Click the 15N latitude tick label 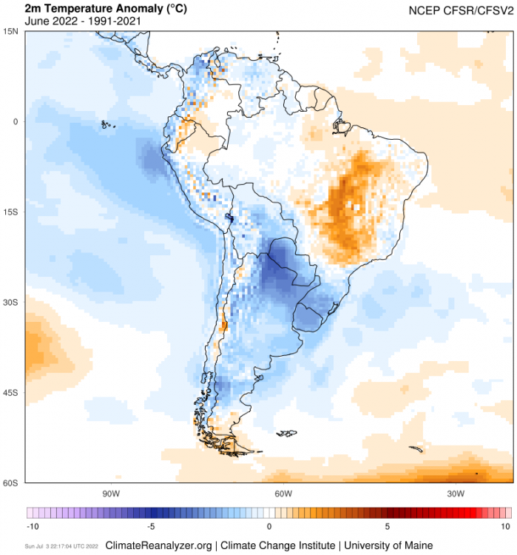(11, 31)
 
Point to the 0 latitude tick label (15, 121)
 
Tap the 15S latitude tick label (11, 212)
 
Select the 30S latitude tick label (11, 302)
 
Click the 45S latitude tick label (11, 392)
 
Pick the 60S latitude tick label (11, 482)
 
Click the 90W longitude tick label (111, 494)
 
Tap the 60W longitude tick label (283, 494)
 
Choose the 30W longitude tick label (456, 494)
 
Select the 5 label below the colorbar (387, 526)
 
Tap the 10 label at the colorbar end (506, 526)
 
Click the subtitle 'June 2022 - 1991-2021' (83, 21)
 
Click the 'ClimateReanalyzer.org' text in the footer (159, 545)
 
